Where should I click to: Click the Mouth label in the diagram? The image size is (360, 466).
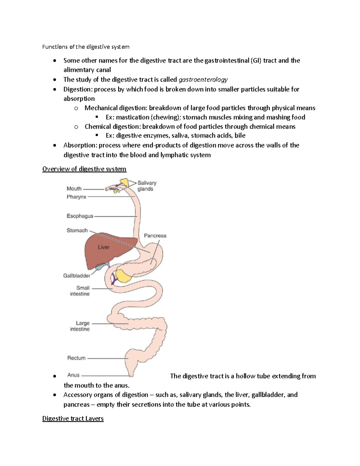pyautogui.click(x=74, y=189)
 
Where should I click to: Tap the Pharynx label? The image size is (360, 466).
pyautogui.click(x=76, y=197)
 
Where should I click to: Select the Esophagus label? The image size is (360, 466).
pyautogui.click(x=80, y=216)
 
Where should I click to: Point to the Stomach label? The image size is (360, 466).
pyautogui.click(x=77, y=230)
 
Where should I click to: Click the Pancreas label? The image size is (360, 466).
pyautogui.click(x=155, y=236)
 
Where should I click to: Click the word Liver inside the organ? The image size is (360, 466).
pyautogui.click(x=103, y=247)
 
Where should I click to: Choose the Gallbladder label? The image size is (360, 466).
pyautogui.click(x=77, y=276)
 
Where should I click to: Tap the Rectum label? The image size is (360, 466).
pyautogui.click(x=76, y=358)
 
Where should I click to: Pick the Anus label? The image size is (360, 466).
pyautogui.click(x=73, y=375)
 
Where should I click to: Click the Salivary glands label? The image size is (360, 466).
pyautogui.click(x=147, y=186)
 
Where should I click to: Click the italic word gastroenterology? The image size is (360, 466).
pyautogui.click(x=203, y=80)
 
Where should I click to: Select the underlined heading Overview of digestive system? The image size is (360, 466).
pyautogui.click(x=84, y=169)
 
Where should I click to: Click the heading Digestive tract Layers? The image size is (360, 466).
pyautogui.click(x=73, y=419)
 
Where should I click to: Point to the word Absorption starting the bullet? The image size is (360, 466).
pyautogui.click(x=80, y=146)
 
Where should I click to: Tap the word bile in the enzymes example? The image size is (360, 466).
pyautogui.click(x=240, y=136)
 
